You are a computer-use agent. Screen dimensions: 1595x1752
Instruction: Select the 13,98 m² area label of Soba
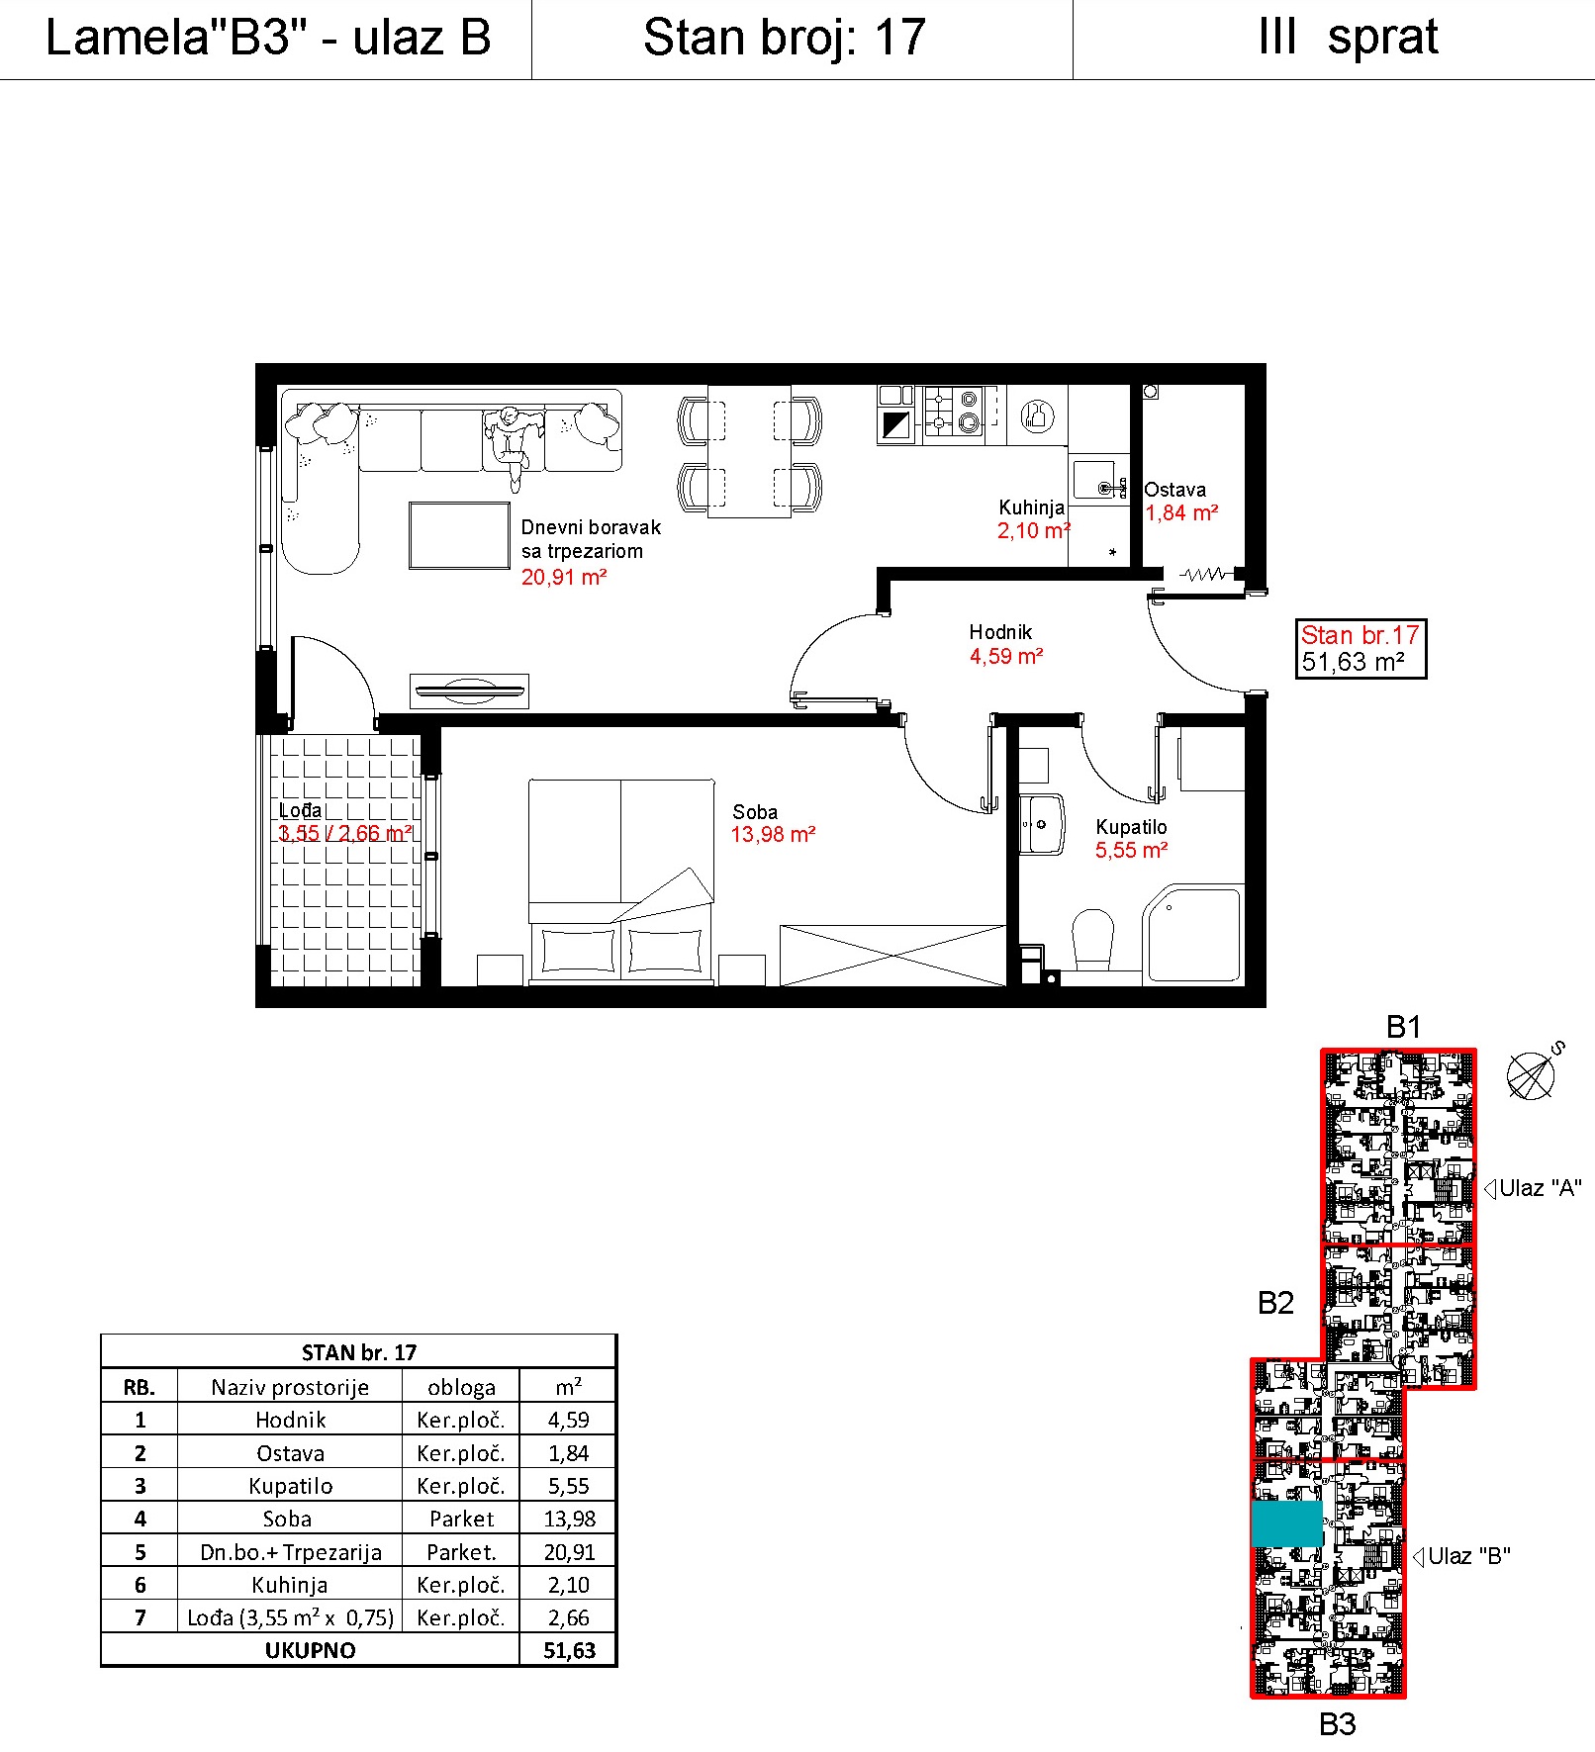click(773, 835)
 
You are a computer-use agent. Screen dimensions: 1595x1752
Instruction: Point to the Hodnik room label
click(1000, 632)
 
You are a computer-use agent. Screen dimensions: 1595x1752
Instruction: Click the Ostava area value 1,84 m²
click(1181, 513)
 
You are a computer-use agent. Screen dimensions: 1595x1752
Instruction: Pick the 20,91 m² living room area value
click(564, 577)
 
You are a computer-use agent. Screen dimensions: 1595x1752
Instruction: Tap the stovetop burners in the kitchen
click(953, 413)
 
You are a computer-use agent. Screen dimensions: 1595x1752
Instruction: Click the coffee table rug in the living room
click(459, 535)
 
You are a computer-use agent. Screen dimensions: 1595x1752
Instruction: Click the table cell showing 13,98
click(569, 1519)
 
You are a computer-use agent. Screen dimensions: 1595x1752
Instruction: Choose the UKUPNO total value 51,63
click(569, 1650)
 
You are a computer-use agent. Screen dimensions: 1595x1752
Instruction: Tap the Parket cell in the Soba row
click(461, 1519)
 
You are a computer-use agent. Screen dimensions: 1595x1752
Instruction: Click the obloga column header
click(461, 1387)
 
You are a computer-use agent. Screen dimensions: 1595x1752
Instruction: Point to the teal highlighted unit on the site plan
click(1286, 1523)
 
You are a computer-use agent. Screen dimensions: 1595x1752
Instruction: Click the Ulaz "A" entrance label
click(1540, 1188)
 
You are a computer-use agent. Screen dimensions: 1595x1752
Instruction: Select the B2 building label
click(1275, 1303)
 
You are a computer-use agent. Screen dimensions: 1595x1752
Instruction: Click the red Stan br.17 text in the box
click(1360, 635)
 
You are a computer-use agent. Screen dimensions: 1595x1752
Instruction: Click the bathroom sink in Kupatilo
click(1041, 824)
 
